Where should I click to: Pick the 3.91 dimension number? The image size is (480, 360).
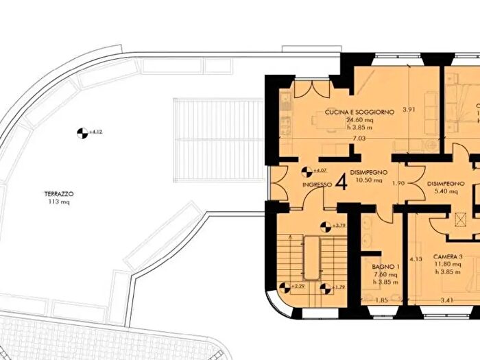pos(409,109)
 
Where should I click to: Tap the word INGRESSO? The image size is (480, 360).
pos(317,185)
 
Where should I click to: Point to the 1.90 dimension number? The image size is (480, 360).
pos(398,184)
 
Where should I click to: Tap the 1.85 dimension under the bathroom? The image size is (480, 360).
pos(382,300)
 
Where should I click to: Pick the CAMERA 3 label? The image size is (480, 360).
pos(448,256)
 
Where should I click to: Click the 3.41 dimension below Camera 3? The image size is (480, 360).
pos(448,300)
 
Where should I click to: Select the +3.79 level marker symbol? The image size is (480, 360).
pos(326,224)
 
